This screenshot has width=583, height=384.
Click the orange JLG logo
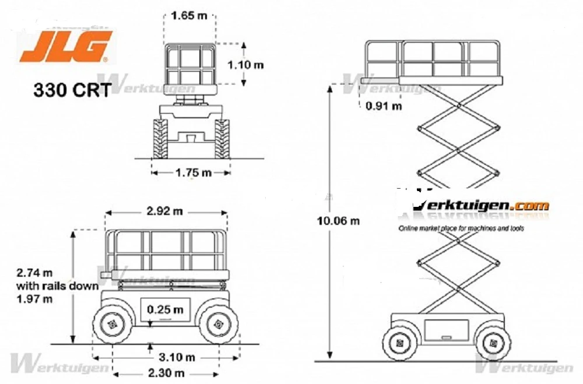[x=65, y=47]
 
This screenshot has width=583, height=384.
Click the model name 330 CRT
[x=71, y=90]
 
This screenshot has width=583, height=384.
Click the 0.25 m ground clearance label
[x=165, y=309]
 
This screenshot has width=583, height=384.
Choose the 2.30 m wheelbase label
[x=166, y=372]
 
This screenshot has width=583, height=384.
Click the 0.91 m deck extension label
[x=384, y=106]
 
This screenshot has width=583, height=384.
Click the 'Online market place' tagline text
[x=461, y=228]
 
